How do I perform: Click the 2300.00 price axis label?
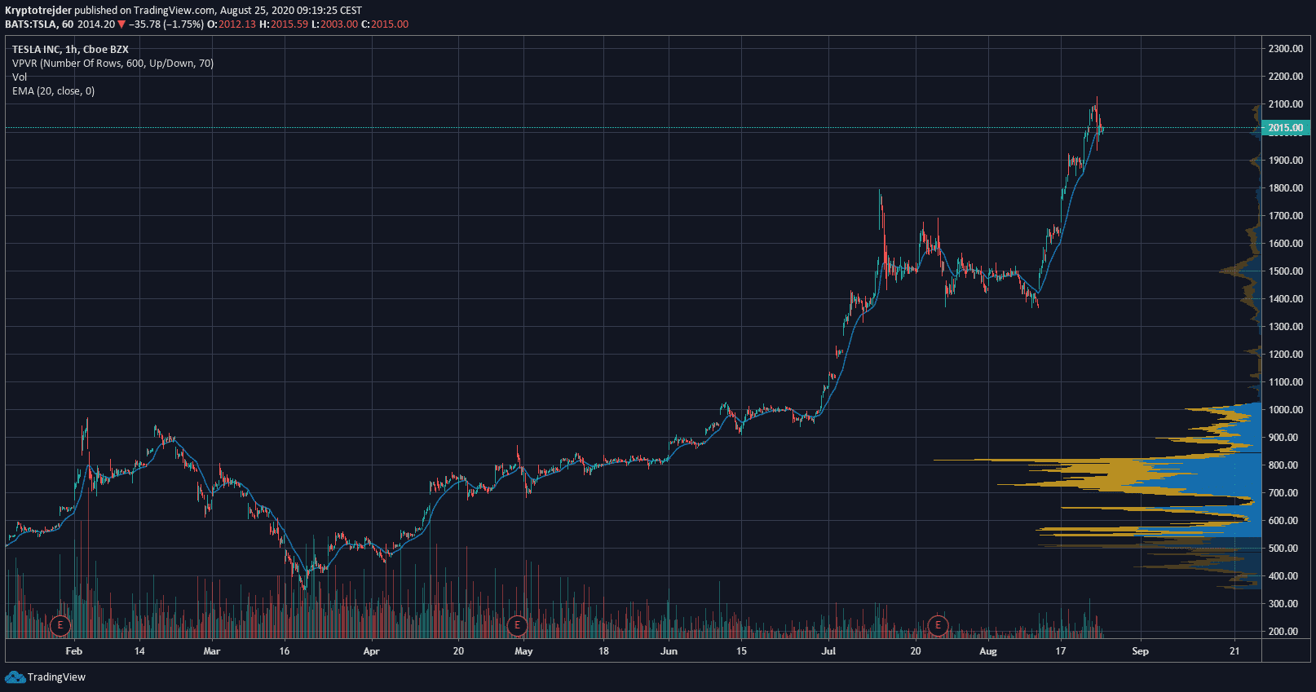(x=1285, y=49)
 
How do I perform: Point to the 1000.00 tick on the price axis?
(x=1285, y=410)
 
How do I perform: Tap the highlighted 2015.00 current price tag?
(x=1285, y=128)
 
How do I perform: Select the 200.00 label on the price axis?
(x=1285, y=632)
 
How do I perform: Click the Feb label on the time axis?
(x=73, y=651)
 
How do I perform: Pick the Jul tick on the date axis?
(x=828, y=651)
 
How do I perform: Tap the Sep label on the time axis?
(x=1140, y=651)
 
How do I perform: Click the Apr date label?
(x=371, y=651)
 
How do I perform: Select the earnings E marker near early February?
(x=60, y=626)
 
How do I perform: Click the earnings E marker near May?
(x=517, y=626)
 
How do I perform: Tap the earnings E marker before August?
(x=938, y=626)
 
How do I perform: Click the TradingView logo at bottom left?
(x=46, y=677)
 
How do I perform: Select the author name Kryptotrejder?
(x=38, y=11)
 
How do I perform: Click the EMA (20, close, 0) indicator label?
(x=53, y=91)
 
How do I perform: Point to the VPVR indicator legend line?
(x=113, y=64)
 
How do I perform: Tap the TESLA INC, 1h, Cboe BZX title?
(x=70, y=50)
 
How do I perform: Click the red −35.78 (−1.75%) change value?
(x=166, y=24)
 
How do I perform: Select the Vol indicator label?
(x=20, y=77)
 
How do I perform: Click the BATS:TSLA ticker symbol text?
(x=31, y=24)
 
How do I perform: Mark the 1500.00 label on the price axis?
(x=1285, y=271)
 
